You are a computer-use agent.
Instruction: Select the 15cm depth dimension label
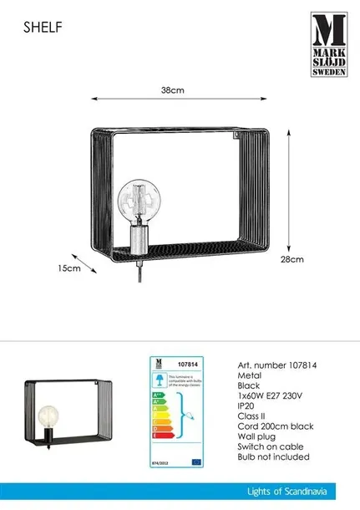69,268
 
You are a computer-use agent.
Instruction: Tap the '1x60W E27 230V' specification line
272,401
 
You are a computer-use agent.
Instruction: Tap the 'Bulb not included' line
273,468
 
